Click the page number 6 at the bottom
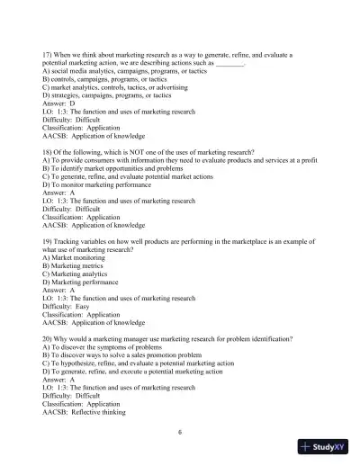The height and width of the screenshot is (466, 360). tap(180, 432)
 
